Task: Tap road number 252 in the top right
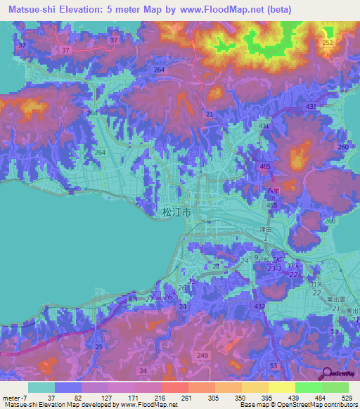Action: [327, 42]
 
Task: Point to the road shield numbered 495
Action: [271, 205]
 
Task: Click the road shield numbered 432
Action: [259, 307]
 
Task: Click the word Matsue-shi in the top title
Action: [29, 10]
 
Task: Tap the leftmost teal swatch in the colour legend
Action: [41, 387]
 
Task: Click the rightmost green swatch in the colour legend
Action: [335, 387]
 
